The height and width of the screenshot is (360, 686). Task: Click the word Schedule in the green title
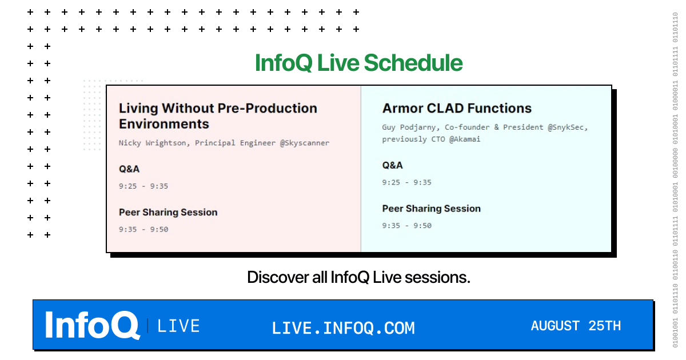[x=413, y=63]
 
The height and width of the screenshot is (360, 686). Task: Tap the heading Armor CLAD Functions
[x=457, y=109]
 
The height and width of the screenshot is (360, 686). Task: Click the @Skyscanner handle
[x=305, y=143]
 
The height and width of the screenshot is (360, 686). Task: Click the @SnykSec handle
[x=568, y=127]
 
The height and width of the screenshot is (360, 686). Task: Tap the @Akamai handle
[x=465, y=139]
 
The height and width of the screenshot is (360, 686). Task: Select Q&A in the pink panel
[x=129, y=169]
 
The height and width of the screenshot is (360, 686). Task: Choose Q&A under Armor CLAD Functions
[x=392, y=165]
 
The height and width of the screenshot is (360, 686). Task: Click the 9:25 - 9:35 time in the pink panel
[x=143, y=186]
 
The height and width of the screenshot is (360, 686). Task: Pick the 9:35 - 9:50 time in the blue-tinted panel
[x=406, y=226]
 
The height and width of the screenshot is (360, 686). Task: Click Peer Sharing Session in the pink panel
[x=168, y=213]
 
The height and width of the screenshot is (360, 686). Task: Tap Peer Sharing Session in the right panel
[x=431, y=209]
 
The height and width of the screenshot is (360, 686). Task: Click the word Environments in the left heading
[x=164, y=124]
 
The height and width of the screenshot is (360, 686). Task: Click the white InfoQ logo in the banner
[x=93, y=325]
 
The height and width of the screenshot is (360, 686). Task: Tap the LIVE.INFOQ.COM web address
[x=343, y=328]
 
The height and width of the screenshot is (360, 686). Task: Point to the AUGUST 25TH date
[x=576, y=326]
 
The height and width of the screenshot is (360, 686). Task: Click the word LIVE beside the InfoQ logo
[x=178, y=326]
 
